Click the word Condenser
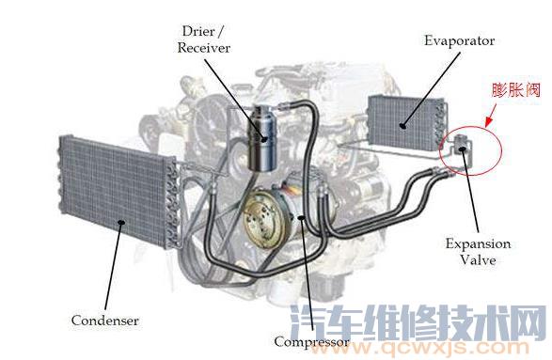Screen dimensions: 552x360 point(104,321)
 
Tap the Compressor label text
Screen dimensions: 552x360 point(311,341)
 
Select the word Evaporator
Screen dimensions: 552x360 point(458,41)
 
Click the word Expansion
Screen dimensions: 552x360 point(478,243)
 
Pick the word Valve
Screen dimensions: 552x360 point(479,259)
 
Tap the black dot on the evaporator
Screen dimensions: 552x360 point(403,123)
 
